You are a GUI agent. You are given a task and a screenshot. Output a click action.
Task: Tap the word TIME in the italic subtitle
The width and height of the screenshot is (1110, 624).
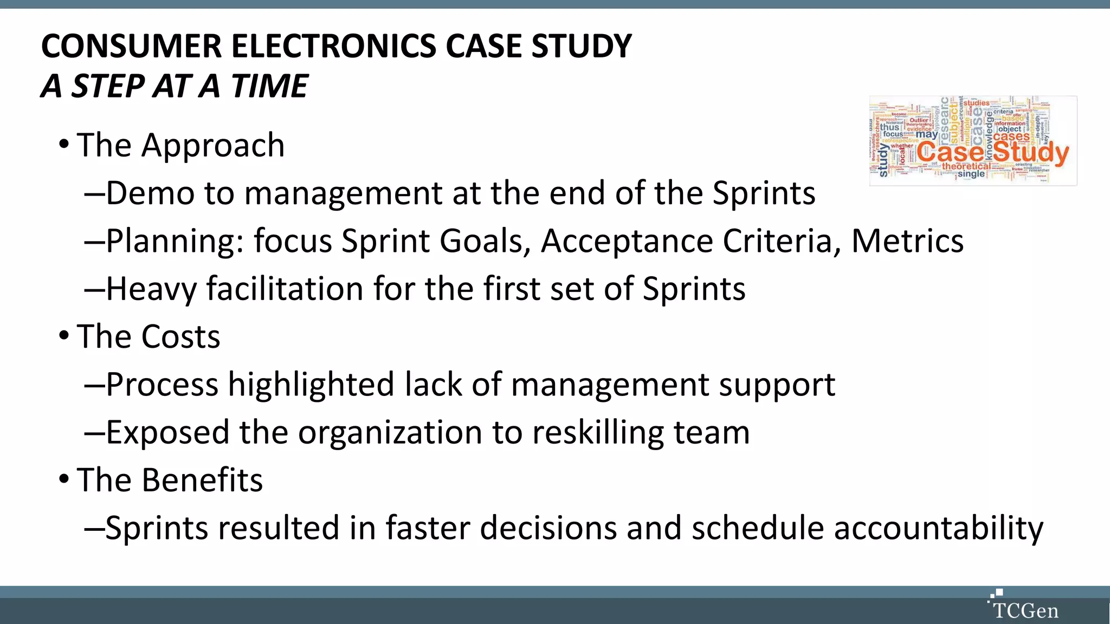[x=269, y=86]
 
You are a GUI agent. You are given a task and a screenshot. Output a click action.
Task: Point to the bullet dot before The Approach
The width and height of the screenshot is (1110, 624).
[x=64, y=145]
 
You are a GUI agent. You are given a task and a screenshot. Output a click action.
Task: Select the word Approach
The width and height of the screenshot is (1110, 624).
[x=213, y=146]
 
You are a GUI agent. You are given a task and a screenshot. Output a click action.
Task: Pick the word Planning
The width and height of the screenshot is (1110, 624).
[x=175, y=242]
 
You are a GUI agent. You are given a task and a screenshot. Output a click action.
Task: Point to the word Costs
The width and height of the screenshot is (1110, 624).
[x=180, y=336]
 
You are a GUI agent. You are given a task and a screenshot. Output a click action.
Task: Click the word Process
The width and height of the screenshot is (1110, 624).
[x=162, y=385]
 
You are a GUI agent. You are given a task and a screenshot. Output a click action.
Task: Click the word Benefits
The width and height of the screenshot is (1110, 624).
[x=202, y=480]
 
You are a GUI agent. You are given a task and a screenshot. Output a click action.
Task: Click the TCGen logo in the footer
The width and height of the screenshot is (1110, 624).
[x=1023, y=606]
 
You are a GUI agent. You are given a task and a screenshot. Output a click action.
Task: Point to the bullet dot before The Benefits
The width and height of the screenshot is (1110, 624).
[x=64, y=479]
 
